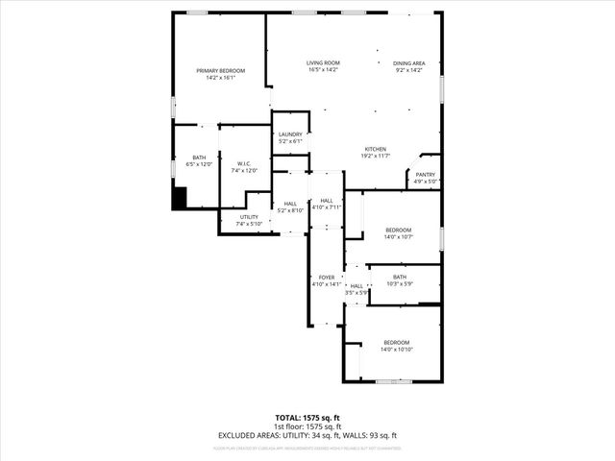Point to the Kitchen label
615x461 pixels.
[x=375, y=149]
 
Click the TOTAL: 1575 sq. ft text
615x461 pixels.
[x=307, y=418]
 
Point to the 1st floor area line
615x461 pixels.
[x=307, y=426]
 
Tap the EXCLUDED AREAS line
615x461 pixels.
[x=307, y=435]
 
